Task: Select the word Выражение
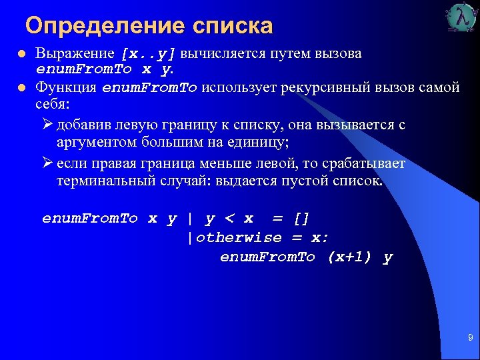[75, 53]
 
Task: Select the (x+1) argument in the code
[350, 257]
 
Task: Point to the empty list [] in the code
[301, 219]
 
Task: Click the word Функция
[66, 88]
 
